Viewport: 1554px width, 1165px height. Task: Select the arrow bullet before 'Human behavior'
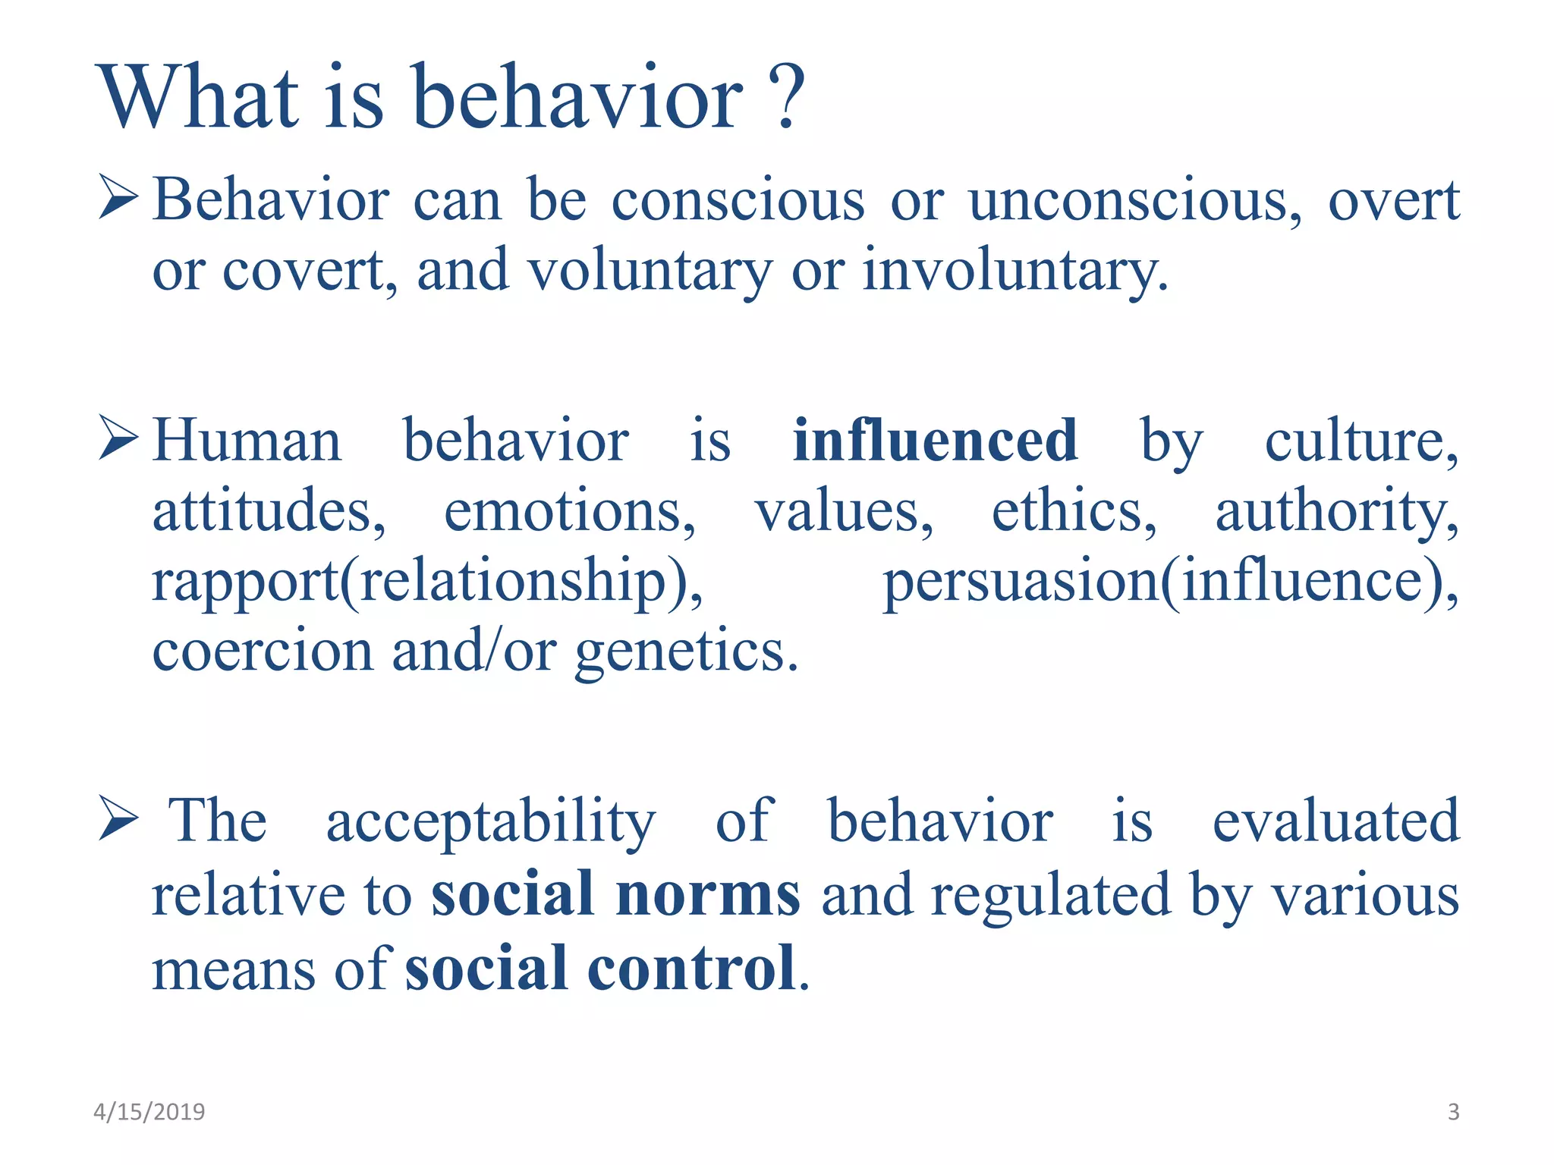click(118, 439)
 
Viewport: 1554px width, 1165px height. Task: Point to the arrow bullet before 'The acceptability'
click(118, 820)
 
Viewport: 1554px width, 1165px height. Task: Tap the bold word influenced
click(935, 441)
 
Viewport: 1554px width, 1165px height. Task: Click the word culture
click(1360, 441)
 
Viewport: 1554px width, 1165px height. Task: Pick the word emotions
click(569, 511)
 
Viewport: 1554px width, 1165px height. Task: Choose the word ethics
click(1074, 511)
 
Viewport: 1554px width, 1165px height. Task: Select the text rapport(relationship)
click(427, 582)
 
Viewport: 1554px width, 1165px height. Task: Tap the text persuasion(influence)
click(1170, 582)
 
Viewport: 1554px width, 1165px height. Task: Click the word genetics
click(686, 652)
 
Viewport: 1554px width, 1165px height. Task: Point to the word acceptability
click(491, 821)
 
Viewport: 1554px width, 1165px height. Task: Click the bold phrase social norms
click(615, 895)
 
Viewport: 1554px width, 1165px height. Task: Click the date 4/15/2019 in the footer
click(149, 1112)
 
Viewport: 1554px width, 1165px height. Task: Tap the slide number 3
click(1453, 1112)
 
